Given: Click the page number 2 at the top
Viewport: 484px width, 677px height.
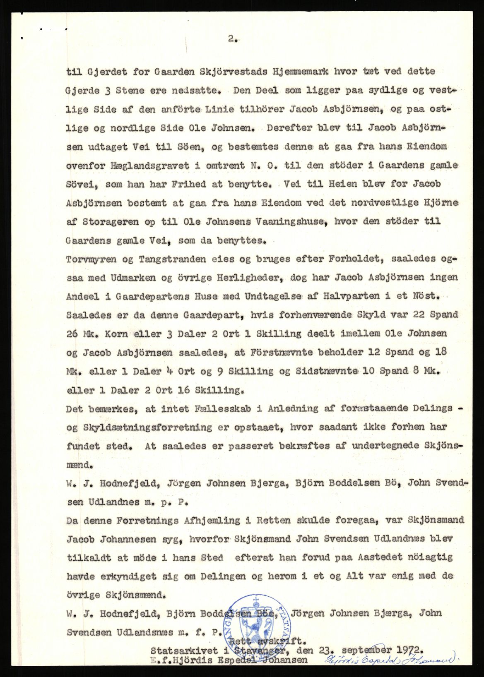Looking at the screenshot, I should (x=232, y=39).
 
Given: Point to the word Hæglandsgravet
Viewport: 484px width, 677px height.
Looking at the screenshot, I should (x=148, y=166).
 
